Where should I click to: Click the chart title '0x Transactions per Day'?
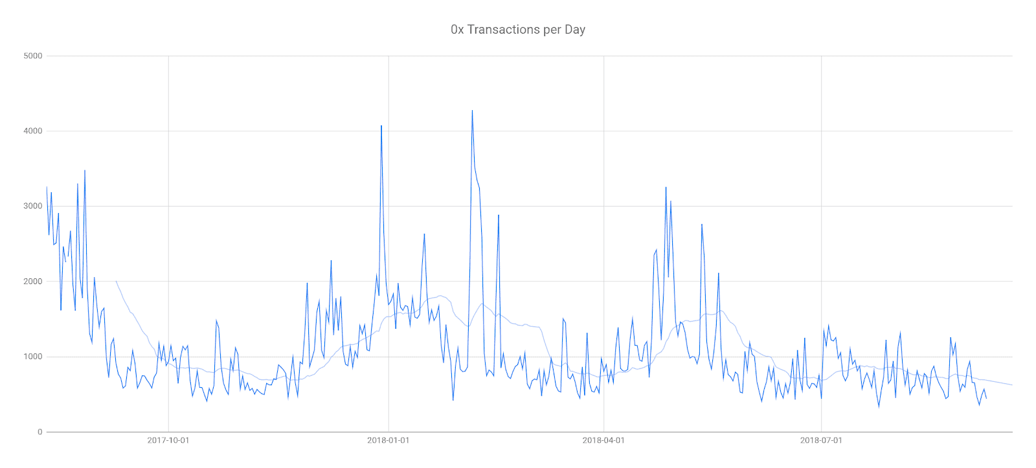pyautogui.click(x=517, y=30)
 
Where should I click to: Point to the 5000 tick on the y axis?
pyautogui.click(x=33, y=56)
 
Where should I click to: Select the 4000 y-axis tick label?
pyautogui.click(x=33, y=131)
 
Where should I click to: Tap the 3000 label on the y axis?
pyautogui.click(x=33, y=206)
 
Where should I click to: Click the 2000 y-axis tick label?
pyautogui.click(x=33, y=282)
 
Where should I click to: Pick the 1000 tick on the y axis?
pyautogui.click(x=33, y=357)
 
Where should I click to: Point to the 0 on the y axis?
pyautogui.click(x=39, y=432)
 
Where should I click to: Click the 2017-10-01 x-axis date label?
pyautogui.click(x=168, y=441)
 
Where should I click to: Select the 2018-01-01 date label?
pyautogui.click(x=388, y=441)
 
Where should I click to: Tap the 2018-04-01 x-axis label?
pyautogui.click(x=603, y=441)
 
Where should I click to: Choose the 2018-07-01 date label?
pyautogui.click(x=821, y=441)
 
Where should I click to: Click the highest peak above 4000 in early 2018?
pyautogui.click(x=472, y=111)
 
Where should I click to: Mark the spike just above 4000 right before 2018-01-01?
pyautogui.click(x=381, y=126)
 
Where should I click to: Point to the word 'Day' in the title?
pyautogui.click(x=575, y=30)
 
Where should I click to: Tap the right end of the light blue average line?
pyautogui.click(x=1011, y=385)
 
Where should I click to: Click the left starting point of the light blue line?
pyautogui.click(x=116, y=281)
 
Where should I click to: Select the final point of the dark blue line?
pyautogui.click(x=986, y=398)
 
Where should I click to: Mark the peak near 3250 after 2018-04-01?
pyautogui.click(x=666, y=188)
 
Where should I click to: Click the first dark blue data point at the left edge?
pyautogui.click(x=47, y=187)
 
